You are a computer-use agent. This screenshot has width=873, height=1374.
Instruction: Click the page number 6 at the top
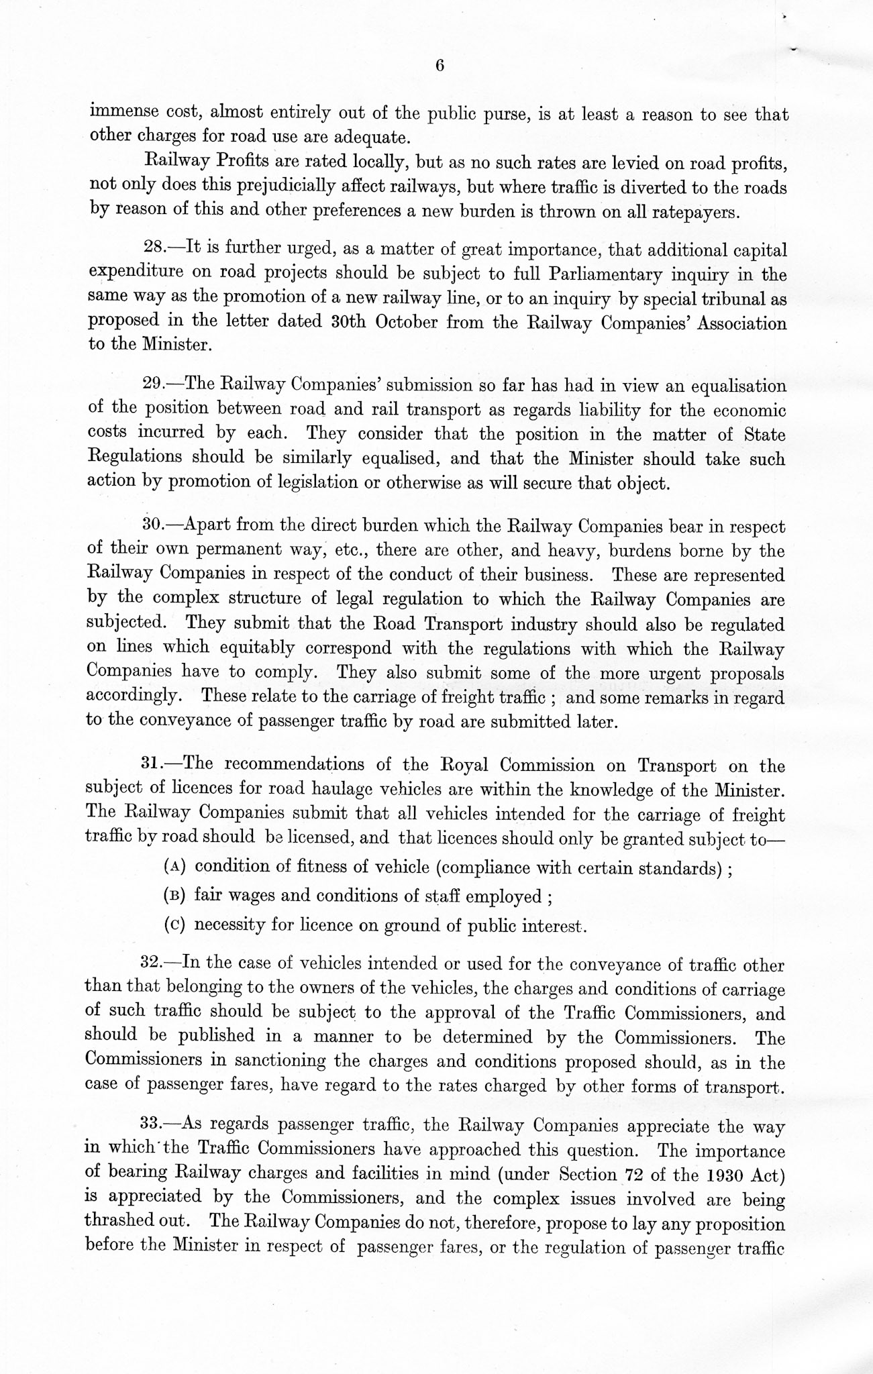coord(440,66)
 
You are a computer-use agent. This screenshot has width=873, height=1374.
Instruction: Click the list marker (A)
coord(174,866)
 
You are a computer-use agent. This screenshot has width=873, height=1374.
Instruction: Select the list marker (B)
coord(174,896)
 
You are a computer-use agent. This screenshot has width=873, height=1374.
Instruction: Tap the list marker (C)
coord(174,925)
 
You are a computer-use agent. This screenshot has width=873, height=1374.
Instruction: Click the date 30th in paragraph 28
coord(349,321)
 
